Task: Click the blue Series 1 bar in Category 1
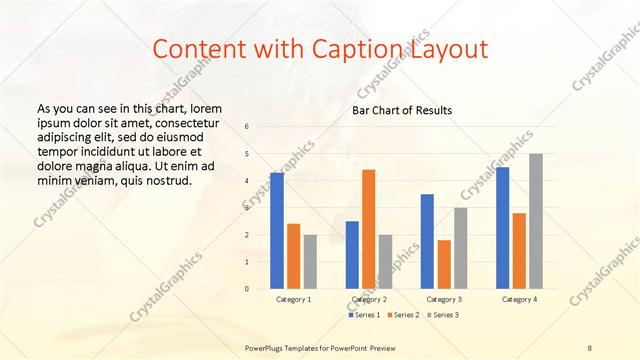tap(277, 231)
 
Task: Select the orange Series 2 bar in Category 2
tap(368, 229)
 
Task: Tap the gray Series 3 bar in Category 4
tap(536, 221)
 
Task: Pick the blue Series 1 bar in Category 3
tap(427, 241)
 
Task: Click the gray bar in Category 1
tap(310, 262)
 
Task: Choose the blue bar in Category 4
tap(502, 228)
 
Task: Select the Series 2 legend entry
tap(403, 315)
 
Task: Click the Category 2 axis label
tap(368, 299)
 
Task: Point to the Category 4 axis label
tap(519, 299)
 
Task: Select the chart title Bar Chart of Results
tap(401, 109)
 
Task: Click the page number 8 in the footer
tap(590, 346)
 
